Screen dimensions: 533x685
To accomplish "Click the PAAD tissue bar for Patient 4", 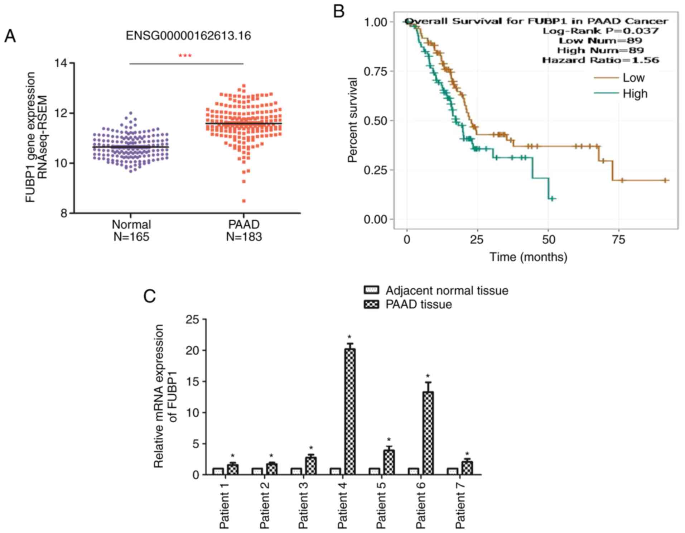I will [x=349, y=412].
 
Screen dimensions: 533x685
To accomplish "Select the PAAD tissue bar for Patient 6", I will [x=428, y=433].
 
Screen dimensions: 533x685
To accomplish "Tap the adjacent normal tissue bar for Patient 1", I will [x=218, y=471].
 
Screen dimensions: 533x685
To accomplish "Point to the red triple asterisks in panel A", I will [x=185, y=56].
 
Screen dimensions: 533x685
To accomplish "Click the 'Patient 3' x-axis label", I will [x=303, y=505].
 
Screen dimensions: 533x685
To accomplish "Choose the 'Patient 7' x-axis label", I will [x=460, y=505].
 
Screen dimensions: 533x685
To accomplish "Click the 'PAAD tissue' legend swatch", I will [x=371, y=304].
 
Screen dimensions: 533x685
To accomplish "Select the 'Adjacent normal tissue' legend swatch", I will [x=371, y=290].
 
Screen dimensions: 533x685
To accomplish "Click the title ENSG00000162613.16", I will [x=188, y=36].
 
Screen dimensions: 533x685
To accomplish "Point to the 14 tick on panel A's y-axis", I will [x=61, y=63].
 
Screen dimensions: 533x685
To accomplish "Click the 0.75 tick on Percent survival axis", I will [x=376, y=71].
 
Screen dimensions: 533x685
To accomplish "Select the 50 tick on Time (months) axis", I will [x=548, y=239].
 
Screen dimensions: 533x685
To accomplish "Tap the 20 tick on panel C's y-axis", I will [x=193, y=350].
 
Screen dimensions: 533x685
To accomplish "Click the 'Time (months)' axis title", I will [x=528, y=257].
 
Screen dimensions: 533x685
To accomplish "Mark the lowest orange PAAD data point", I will [x=244, y=201].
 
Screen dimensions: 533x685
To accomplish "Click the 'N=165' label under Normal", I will [x=131, y=237].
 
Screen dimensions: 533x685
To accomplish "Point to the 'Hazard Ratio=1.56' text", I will [x=600, y=60].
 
